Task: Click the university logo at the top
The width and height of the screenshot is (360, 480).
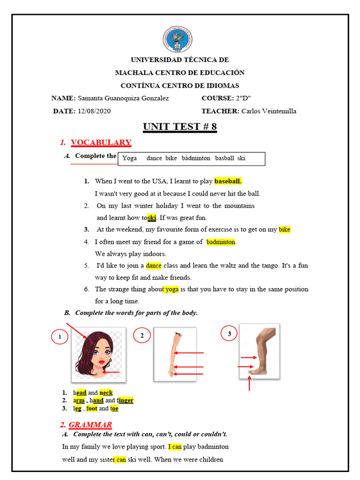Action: tap(178, 39)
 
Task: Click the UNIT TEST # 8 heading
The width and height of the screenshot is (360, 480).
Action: tap(180, 127)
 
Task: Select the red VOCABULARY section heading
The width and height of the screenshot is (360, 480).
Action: tap(101, 142)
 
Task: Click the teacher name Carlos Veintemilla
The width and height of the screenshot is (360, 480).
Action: tap(269, 111)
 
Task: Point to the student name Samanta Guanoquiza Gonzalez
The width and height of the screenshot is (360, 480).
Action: tap(123, 98)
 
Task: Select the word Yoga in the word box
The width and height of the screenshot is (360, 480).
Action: tap(129, 158)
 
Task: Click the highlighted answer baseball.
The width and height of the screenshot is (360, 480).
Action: tap(228, 181)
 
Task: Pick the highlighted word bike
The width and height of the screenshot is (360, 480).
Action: tap(285, 230)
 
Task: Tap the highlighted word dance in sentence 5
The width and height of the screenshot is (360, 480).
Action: tap(153, 265)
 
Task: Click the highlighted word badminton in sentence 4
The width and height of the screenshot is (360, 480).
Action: tap(221, 242)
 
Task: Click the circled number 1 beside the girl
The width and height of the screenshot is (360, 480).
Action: tap(60, 337)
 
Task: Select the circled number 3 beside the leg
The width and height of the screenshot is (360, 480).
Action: tap(229, 334)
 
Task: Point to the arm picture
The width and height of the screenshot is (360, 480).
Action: tap(175, 353)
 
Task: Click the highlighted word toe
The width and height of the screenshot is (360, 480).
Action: tap(114, 408)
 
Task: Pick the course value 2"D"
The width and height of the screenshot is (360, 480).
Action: tap(243, 98)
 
